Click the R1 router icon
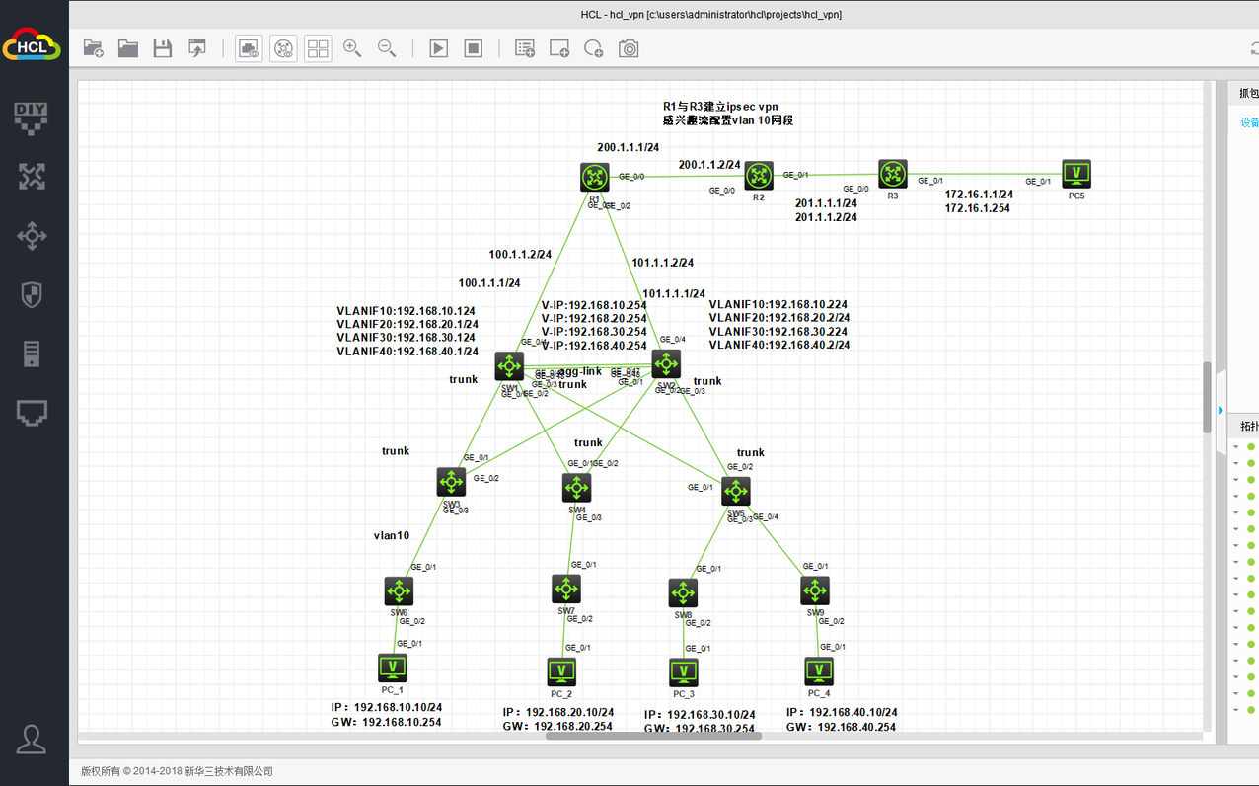[595, 178]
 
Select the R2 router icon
[758, 177]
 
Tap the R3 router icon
[893, 175]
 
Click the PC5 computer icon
[1076, 175]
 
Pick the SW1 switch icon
[509, 366]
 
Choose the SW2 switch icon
[666, 363]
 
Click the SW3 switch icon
[451, 482]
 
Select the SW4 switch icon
[576, 488]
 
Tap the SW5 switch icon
[735, 491]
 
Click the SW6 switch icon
[399, 591]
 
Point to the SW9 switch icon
[815, 590]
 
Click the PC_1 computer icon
[393, 668]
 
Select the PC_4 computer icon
[818, 671]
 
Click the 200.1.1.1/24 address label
[628, 147]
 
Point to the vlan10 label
[391, 535]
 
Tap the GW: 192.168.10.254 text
[386, 722]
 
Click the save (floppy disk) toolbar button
[163, 48]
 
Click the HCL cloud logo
[32, 46]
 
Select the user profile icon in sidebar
[32, 739]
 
